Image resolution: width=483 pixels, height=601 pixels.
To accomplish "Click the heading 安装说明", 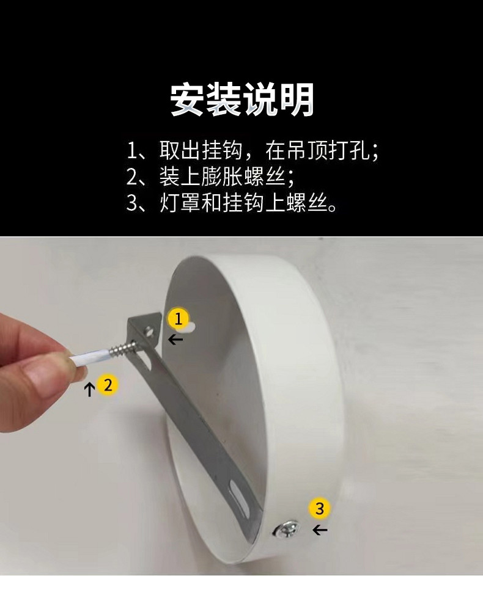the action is pyautogui.click(x=242, y=100).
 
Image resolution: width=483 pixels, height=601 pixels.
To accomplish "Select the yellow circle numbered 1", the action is pyautogui.click(x=178, y=318).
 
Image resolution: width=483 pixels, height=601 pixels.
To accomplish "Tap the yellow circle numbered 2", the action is pyautogui.click(x=108, y=384).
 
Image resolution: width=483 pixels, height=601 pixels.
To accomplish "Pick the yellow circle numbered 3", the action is pyautogui.click(x=320, y=508).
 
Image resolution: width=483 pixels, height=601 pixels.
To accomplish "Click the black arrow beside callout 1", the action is pyautogui.click(x=175, y=339).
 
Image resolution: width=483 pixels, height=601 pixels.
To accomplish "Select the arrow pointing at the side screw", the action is pyautogui.click(x=320, y=530).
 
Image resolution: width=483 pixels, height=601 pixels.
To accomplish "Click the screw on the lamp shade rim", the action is pyautogui.click(x=287, y=531).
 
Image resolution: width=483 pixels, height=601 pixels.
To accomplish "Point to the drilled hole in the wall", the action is pyautogui.click(x=190, y=327).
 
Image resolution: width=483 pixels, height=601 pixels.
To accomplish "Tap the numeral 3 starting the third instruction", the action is pyautogui.click(x=132, y=203).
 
